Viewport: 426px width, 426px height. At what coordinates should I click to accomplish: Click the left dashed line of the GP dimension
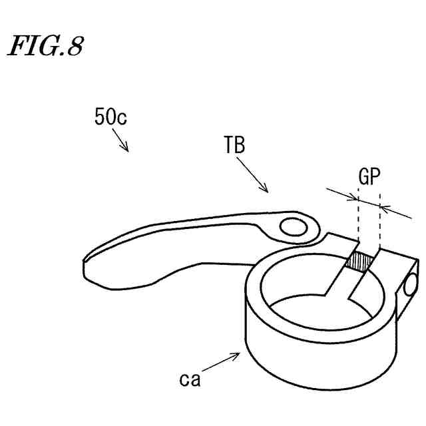(x=358, y=220)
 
